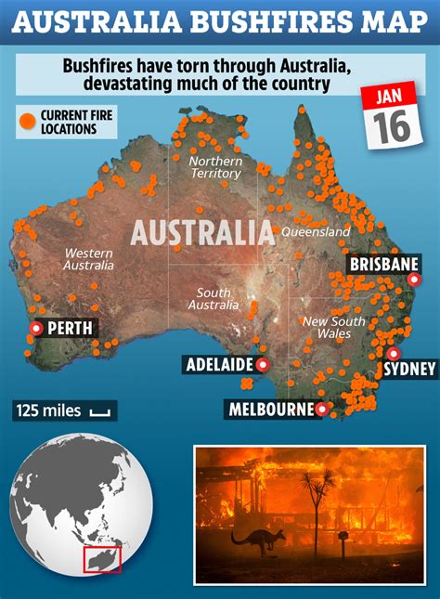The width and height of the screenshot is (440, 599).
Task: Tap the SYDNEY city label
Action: pos(408,369)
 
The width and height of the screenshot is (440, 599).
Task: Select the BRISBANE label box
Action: pos(383,265)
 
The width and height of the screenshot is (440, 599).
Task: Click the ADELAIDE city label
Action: pos(219,364)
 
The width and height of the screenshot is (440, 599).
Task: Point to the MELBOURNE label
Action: pos(270,409)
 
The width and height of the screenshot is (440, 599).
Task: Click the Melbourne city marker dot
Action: pos(322,408)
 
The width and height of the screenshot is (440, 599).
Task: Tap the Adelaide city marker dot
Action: pos(263,364)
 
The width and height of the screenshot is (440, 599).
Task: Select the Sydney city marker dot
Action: pos(394,353)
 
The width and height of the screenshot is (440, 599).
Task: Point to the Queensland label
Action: pos(316,231)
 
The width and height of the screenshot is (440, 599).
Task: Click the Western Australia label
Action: pos(88,259)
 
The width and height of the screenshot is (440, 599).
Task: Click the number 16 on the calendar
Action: pos(393,127)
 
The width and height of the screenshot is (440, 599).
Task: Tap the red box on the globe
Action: pos(101,558)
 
